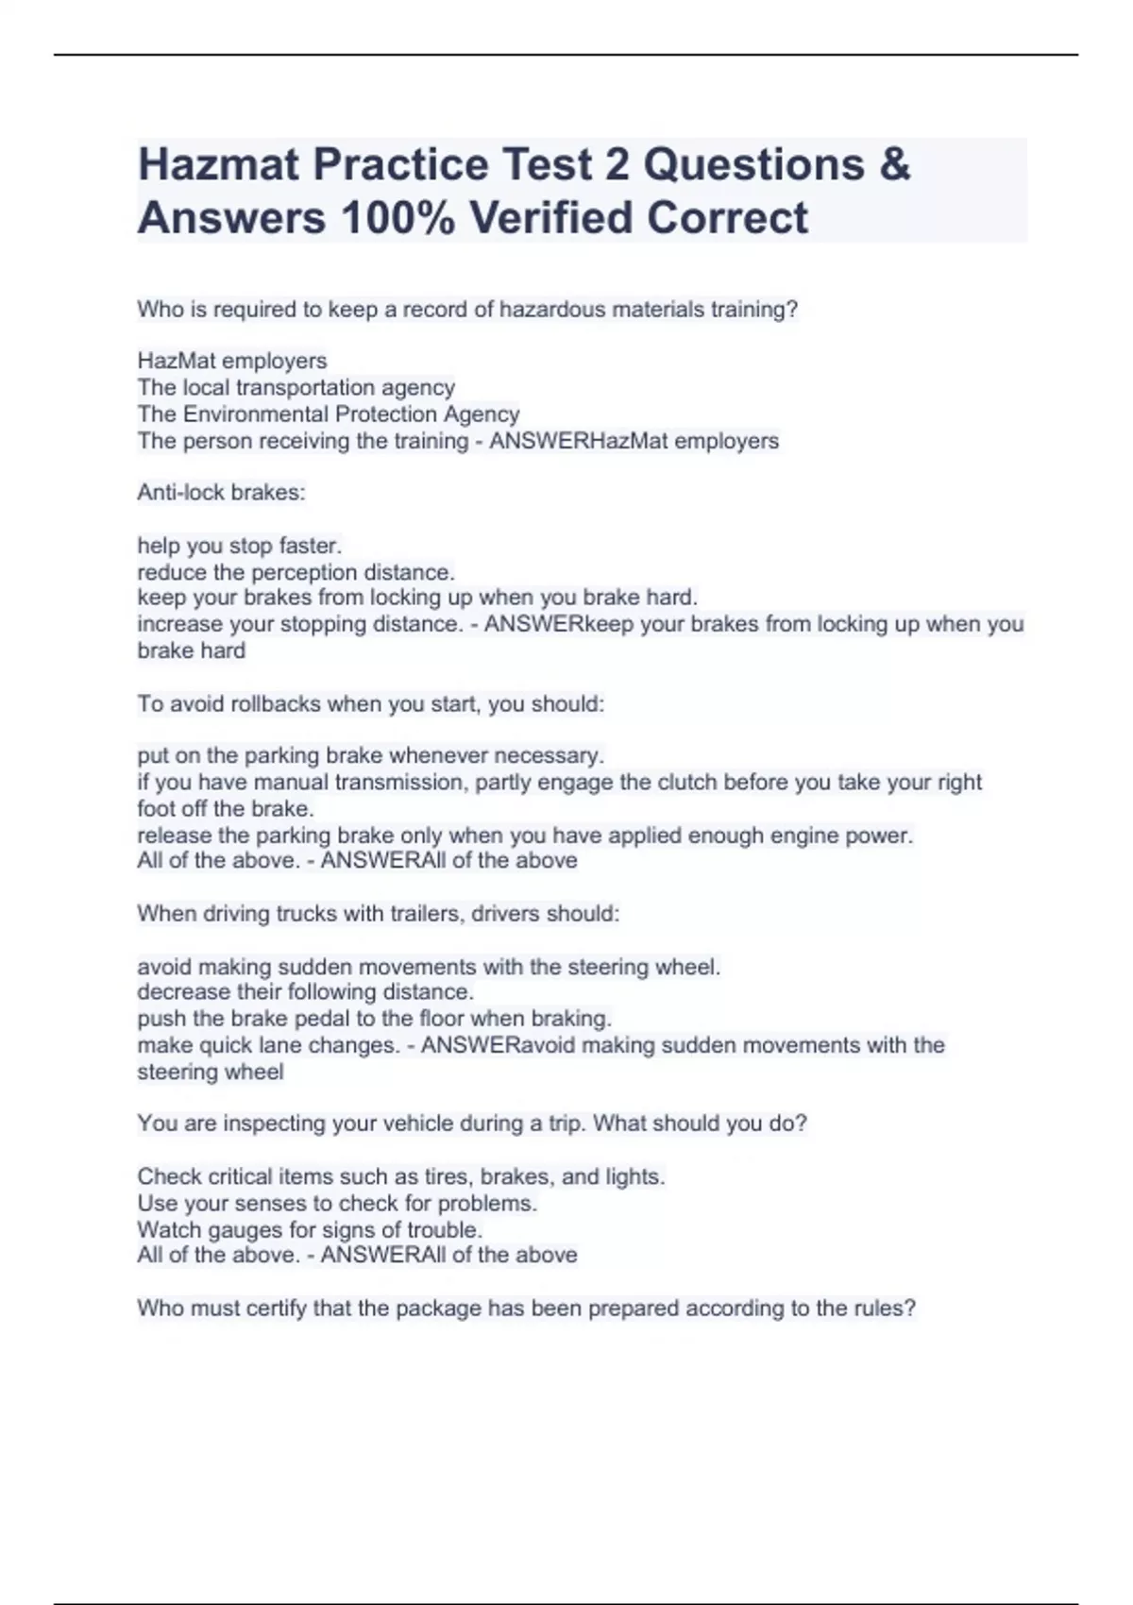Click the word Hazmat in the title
pyautogui.click(x=218, y=165)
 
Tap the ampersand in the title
pyautogui.click(x=893, y=165)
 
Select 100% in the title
pyautogui.click(x=397, y=218)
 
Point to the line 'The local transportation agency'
pyautogui.click(x=296, y=387)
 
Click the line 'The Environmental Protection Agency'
pyautogui.click(x=328, y=414)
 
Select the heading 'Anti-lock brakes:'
pyautogui.click(x=221, y=493)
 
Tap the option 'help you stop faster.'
pyautogui.click(x=239, y=546)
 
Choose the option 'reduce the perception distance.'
pyautogui.click(x=296, y=572)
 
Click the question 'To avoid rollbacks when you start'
pyautogui.click(x=370, y=704)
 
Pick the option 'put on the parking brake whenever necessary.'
pyautogui.click(x=370, y=756)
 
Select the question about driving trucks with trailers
pyautogui.click(x=378, y=914)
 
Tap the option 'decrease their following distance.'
pyautogui.click(x=305, y=992)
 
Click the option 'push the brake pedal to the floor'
pyautogui.click(x=374, y=1019)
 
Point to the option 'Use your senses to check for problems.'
pyautogui.click(x=336, y=1204)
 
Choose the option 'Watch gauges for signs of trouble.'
pyautogui.click(x=310, y=1230)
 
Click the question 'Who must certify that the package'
pyautogui.click(x=526, y=1309)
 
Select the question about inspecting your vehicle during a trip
pyautogui.click(x=471, y=1123)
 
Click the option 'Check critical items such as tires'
pyautogui.click(x=400, y=1177)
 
